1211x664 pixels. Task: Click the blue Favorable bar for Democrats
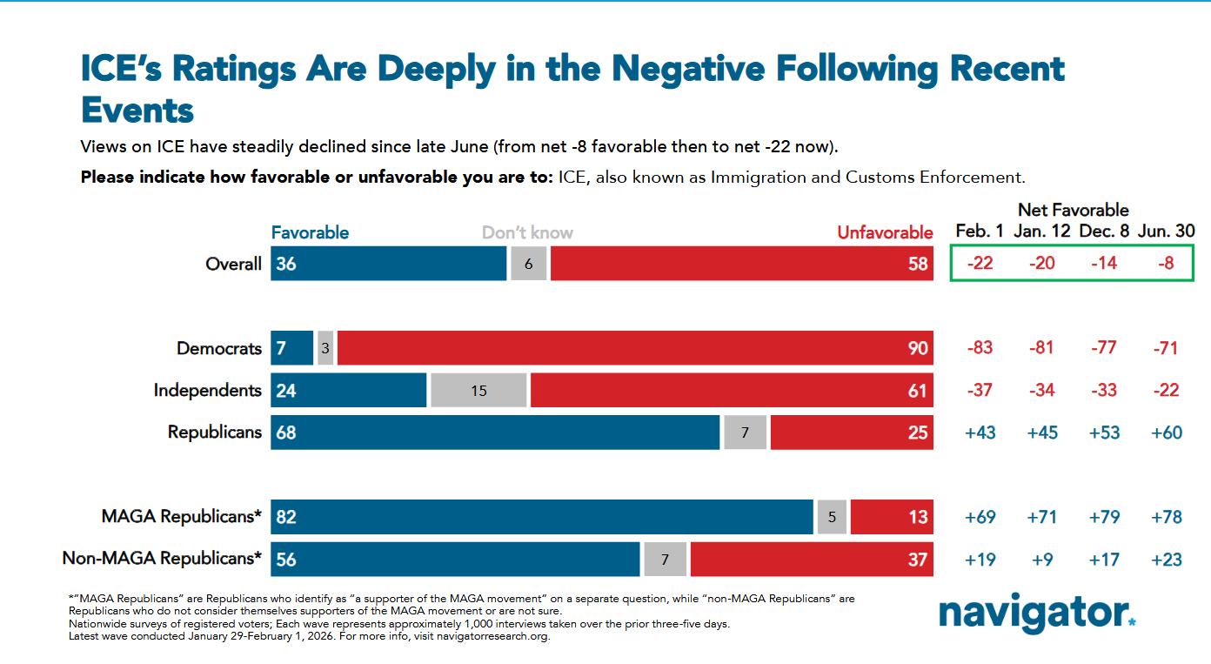tap(291, 348)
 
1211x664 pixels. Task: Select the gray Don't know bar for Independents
tap(478, 391)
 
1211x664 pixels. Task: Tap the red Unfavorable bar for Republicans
tap(852, 433)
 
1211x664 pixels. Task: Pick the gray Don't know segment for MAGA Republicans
tap(832, 517)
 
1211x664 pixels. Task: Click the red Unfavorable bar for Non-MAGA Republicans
tap(812, 559)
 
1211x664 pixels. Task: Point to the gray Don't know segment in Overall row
tap(528, 264)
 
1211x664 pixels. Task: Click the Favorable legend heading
tap(310, 232)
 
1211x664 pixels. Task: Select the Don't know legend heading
tap(527, 232)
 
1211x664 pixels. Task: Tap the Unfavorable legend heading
tap(885, 232)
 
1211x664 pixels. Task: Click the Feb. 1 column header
tap(980, 231)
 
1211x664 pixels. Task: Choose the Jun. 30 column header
tap(1166, 231)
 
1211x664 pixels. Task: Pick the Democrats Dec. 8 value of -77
tap(1103, 348)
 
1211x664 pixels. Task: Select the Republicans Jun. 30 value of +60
tap(1166, 433)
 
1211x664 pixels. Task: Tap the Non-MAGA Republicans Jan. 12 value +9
tap(1041, 559)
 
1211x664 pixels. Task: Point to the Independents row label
tap(207, 391)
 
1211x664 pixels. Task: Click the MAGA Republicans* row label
tap(181, 517)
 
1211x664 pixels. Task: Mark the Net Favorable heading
tap(1073, 210)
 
